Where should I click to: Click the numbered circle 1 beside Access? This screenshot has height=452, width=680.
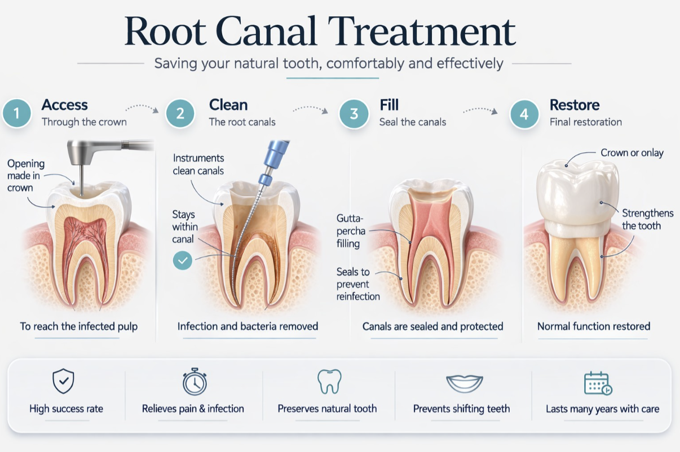point(17,113)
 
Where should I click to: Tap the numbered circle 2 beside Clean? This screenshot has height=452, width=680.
point(180,113)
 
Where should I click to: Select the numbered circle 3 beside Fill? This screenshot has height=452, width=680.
point(354,114)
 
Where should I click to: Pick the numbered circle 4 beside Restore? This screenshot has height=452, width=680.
point(524,114)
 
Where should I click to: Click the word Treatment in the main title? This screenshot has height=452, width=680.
point(422,32)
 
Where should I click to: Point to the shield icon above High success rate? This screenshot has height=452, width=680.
point(63,381)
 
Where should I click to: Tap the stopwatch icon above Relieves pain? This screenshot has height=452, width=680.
point(195,382)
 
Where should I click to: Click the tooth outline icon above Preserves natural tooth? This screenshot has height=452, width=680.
point(329,382)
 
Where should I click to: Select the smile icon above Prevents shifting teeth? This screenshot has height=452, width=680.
point(465,383)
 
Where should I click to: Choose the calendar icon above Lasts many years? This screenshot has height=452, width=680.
point(598,383)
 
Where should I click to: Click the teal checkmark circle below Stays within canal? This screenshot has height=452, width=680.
point(183,260)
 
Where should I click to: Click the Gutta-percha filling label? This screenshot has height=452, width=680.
point(351,231)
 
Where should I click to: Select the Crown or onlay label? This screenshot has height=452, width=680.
point(632,153)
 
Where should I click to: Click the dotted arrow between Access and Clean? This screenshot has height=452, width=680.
point(142,108)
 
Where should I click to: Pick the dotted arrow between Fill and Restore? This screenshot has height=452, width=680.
point(480,110)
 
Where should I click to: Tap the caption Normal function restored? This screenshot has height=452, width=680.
point(594,326)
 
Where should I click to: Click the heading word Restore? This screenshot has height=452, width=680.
point(575,105)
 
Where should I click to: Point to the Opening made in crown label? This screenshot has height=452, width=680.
point(25,176)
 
